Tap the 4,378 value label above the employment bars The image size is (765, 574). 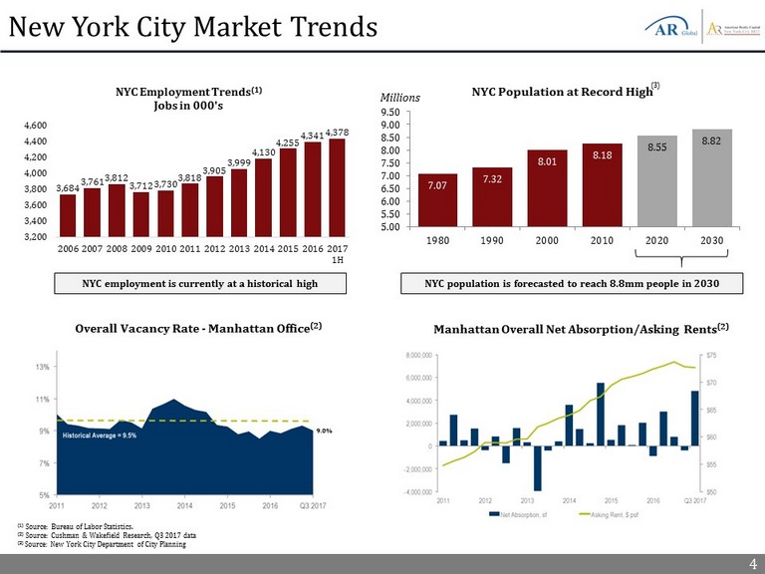[337, 133]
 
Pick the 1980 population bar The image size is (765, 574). [437, 199]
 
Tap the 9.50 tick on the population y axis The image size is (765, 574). [391, 113]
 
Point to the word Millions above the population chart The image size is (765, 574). [402, 98]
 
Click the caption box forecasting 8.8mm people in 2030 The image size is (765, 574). [572, 284]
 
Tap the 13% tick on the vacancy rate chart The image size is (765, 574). [44, 368]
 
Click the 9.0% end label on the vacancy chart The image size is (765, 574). [324, 430]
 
